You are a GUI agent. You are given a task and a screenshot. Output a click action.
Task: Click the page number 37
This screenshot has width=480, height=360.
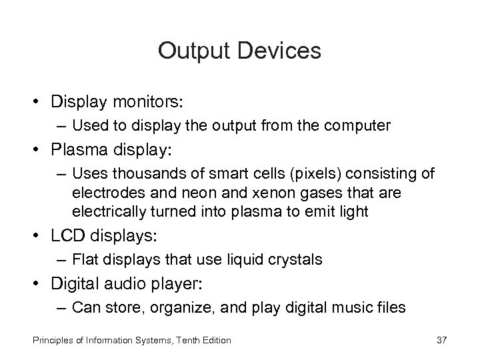coord(441,340)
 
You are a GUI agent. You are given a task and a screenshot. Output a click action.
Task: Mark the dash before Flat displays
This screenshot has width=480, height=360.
coord(62,259)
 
